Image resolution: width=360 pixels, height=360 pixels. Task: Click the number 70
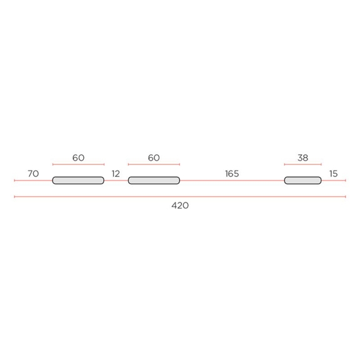(33, 174)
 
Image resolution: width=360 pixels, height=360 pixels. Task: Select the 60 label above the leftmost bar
(78, 157)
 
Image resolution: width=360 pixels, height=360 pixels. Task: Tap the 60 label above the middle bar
(154, 157)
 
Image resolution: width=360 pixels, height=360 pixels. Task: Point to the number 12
(116, 174)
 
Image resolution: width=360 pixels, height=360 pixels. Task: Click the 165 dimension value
(232, 174)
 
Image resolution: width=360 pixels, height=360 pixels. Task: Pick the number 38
(303, 157)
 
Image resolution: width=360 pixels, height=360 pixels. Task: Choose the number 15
(333, 174)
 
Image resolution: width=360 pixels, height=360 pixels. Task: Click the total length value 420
(180, 206)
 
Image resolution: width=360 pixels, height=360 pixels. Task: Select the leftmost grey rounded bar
(78, 181)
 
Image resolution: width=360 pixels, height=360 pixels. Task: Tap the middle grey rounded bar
(154, 181)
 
